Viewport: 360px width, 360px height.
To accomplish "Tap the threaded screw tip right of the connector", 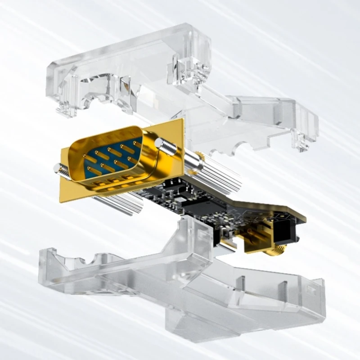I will pyautogui.click(x=163, y=145).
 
